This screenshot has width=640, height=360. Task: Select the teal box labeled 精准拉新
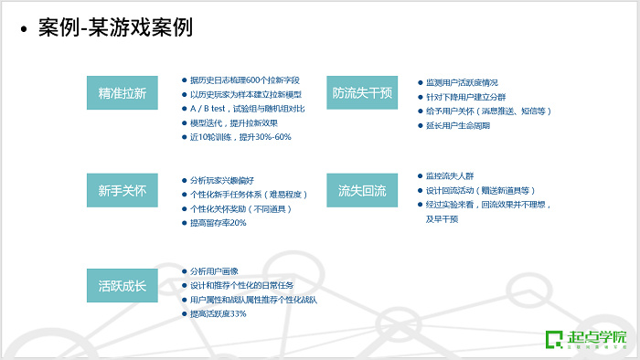(122, 92)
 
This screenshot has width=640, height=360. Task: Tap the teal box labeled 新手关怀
(122, 191)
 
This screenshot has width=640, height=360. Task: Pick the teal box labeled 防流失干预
(361, 92)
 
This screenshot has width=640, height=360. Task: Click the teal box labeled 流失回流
(361, 191)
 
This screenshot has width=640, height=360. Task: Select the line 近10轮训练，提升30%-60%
(240, 137)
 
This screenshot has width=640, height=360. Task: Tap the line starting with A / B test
(247, 109)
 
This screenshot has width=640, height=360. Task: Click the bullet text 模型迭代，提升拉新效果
(233, 122)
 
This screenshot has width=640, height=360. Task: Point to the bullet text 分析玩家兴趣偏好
(224, 181)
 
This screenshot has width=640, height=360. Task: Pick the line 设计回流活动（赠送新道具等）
(481, 190)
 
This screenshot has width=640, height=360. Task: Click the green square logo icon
(552, 339)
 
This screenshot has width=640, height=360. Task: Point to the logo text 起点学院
(594, 335)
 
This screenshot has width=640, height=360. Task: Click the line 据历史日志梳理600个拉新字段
(246, 80)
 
